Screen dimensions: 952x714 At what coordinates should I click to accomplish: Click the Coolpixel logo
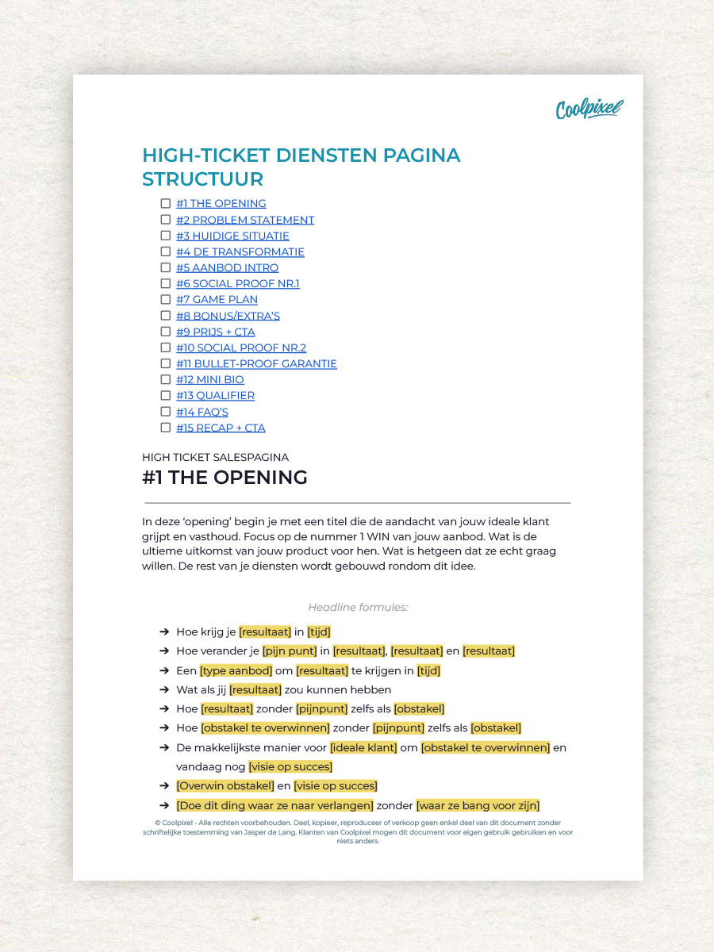(x=589, y=109)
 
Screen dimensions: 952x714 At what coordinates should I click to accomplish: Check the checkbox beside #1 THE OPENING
(x=166, y=204)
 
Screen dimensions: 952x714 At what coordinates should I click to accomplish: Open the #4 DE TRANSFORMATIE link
(x=240, y=251)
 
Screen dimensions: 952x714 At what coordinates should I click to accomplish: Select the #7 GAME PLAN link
(x=217, y=300)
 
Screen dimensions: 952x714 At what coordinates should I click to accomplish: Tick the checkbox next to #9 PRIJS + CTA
(x=166, y=332)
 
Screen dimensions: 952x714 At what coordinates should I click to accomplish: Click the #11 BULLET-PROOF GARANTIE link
(x=256, y=363)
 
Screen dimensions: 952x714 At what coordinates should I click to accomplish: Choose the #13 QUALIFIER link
(x=215, y=395)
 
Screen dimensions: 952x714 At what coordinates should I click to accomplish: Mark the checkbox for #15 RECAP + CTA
(x=166, y=428)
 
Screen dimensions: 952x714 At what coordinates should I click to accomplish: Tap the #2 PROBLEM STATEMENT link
(x=245, y=220)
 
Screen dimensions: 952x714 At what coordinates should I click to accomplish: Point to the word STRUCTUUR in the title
(x=202, y=178)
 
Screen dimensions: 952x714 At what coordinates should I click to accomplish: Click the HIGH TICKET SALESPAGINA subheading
(x=215, y=457)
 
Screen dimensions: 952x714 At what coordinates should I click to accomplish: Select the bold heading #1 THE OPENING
(x=225, y=478)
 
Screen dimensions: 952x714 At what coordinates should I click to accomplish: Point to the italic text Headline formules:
(x=358, y=608)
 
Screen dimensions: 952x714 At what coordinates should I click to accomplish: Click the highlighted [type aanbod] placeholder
(x=236, y=670)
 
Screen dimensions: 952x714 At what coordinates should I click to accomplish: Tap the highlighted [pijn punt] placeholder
(x=290, y=651)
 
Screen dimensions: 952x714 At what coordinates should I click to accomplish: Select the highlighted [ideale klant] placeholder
(x=363, y=747)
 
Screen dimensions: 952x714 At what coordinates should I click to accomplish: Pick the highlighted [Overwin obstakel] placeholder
(x=225, y=786)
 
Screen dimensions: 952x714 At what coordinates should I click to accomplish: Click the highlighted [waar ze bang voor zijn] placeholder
(x=478, y=805)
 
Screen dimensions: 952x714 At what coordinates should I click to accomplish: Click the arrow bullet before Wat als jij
(x=164, y=689)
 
